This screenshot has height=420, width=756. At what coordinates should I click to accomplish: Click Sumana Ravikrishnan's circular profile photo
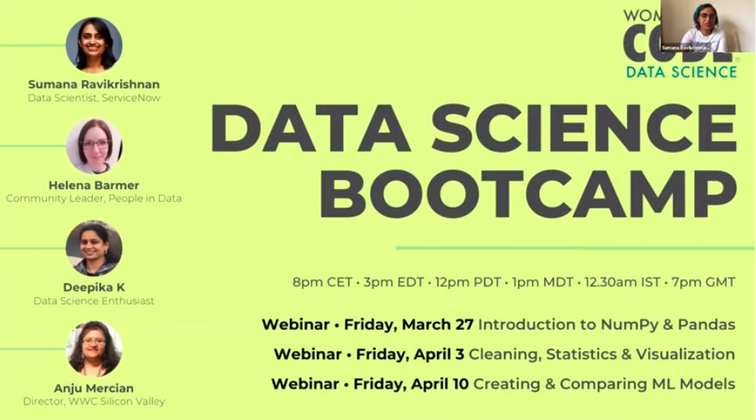94,45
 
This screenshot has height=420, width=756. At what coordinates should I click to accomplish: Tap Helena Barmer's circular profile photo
94,147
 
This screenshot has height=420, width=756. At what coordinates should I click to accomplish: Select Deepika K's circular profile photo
94,248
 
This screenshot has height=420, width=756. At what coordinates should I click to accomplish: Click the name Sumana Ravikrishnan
94,84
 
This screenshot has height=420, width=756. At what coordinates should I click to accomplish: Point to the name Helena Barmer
94,185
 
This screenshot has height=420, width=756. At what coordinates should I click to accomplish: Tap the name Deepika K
94,287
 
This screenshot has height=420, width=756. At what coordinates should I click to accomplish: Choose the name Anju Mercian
94,388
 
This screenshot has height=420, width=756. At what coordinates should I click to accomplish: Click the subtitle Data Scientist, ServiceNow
94,98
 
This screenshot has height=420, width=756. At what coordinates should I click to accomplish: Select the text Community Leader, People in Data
94,199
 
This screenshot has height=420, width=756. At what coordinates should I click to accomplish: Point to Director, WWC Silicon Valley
94,402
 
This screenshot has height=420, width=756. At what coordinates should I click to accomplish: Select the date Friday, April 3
410,354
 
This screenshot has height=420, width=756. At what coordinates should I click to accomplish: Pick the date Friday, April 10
411,384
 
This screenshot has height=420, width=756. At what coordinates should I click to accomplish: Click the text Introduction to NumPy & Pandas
606,324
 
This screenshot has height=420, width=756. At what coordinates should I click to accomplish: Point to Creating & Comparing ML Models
604,384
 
